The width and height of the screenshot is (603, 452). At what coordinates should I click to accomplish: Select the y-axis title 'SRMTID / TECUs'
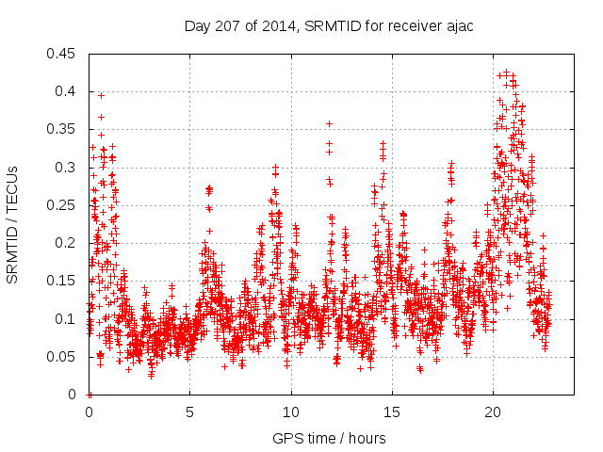(x=12, y=224)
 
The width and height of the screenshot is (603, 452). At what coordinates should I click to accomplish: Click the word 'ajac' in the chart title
(x=460, y=26)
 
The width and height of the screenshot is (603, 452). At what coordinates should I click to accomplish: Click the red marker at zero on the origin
(x=90, y=395)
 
